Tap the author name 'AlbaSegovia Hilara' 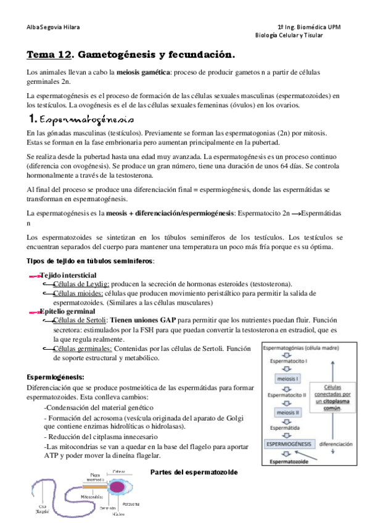coord(53,27)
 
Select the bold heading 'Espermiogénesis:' coord(55,377)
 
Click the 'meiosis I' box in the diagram coord(289,378)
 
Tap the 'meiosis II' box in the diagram coord(289,410)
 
